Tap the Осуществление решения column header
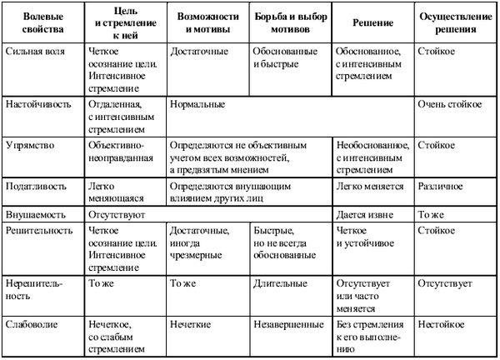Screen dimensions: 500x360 point(455,23)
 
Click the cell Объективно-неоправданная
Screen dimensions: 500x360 point(117,151)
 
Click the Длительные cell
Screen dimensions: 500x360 point(277,283)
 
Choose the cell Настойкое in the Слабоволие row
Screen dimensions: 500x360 point(442,321)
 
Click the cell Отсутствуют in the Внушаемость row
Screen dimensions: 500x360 point(116,214)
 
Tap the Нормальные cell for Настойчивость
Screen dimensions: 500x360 point(197,107)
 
